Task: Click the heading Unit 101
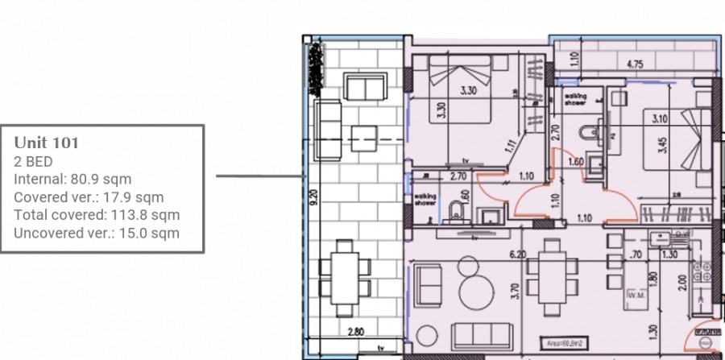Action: tap(46, 143)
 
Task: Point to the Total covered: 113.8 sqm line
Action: tap(97, 215)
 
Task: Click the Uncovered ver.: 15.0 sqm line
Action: tap(97, 234)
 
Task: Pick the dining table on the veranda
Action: tap(344, 276)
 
